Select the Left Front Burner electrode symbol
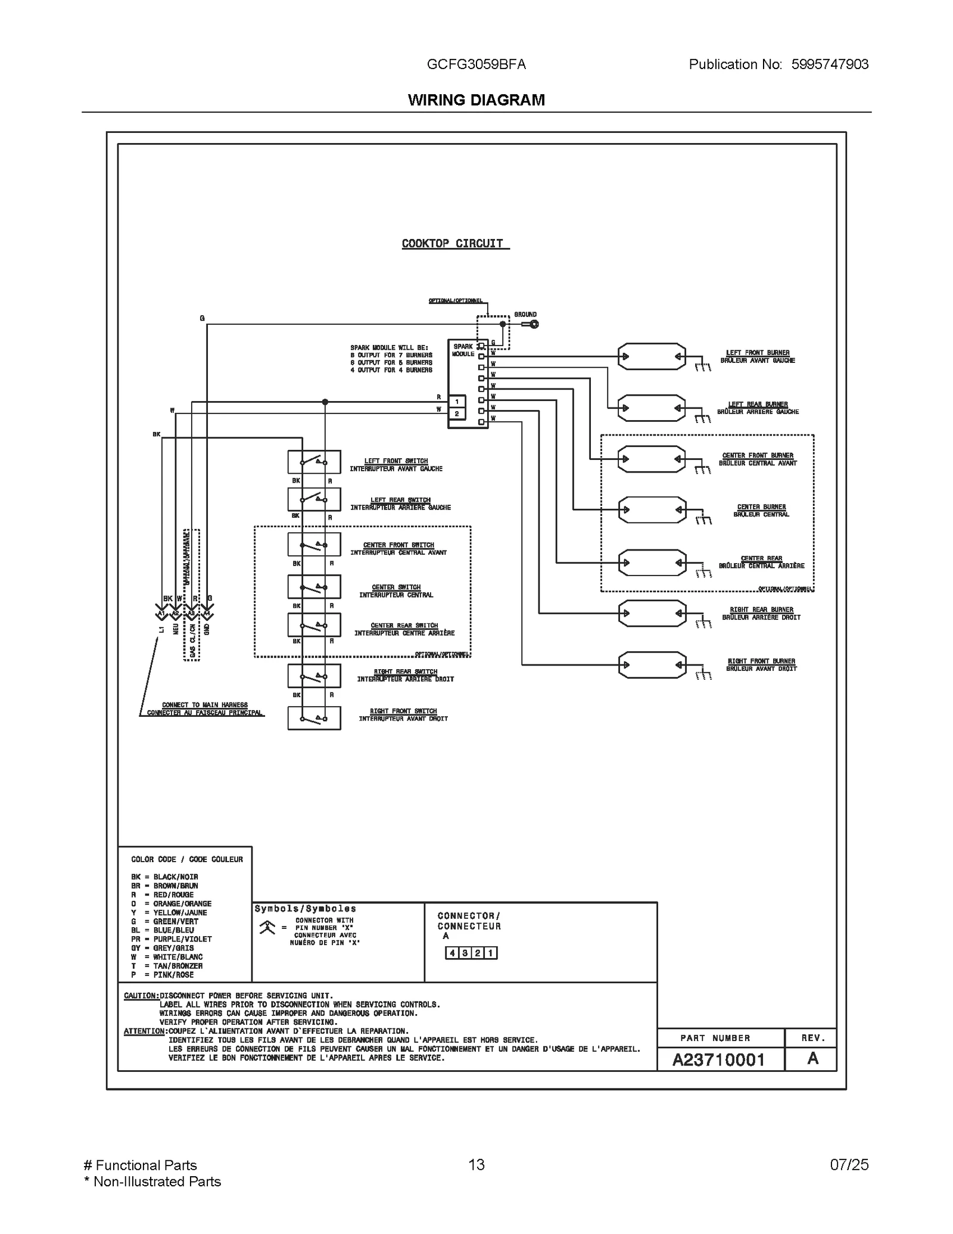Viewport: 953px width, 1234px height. pyautogui.click(x=651, y=356)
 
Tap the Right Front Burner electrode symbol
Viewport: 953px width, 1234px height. pyautogui.click(x=651, y=664)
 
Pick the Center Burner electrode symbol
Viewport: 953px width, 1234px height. pyautogui.click(x=651, y=509)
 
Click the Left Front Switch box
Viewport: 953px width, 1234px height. pyautogui.click(x=314, y=461)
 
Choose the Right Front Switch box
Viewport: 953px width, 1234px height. pyautogui.click(x=314, y=717)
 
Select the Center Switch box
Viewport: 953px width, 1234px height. pyautogui.click(x=314, y=586)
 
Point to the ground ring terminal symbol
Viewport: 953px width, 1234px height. pyautogui.click(x=534, y=324)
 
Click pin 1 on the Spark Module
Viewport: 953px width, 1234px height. pyautogui.click(x=457, y=402)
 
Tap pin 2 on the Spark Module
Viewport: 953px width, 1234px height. pyautogui.click(x=457, y=414)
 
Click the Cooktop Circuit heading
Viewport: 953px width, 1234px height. pyautogui.click(x=453, y=243)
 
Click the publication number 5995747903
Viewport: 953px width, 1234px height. pyautogui.click(x=830, y=64)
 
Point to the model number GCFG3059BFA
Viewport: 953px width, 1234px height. pyautogui.click(x=476, y=64)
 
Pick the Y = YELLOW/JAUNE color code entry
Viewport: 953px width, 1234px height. pyautogui.click(x=169, y=912)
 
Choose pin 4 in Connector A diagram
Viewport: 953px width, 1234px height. pyautogui.click(x=452, y=953)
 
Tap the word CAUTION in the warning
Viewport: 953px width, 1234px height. pyautogui.click(x=141, y=996)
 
